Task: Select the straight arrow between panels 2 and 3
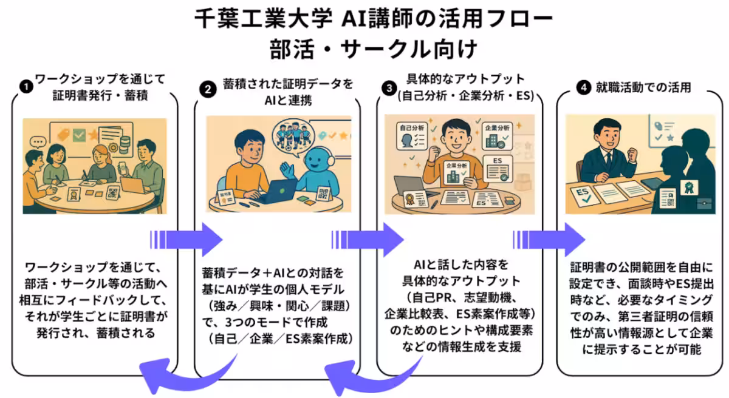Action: (x=367, y=235)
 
